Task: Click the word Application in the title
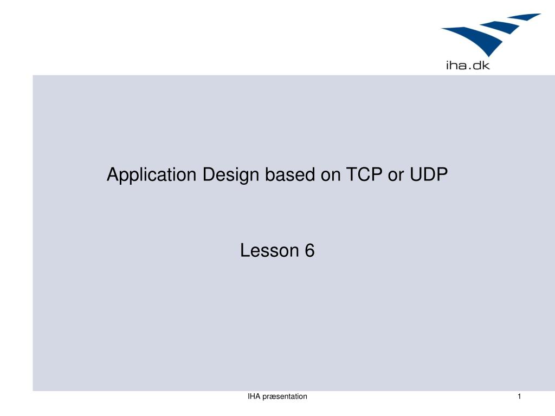click(x=152, y=175)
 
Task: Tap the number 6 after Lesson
click(x=309, y=251)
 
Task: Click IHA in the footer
click(x=254, y=396)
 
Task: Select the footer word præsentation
click(x=285, y=396)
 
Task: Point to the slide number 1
click(x=519, y=396)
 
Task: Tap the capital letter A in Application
click(x=112, y=175)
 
